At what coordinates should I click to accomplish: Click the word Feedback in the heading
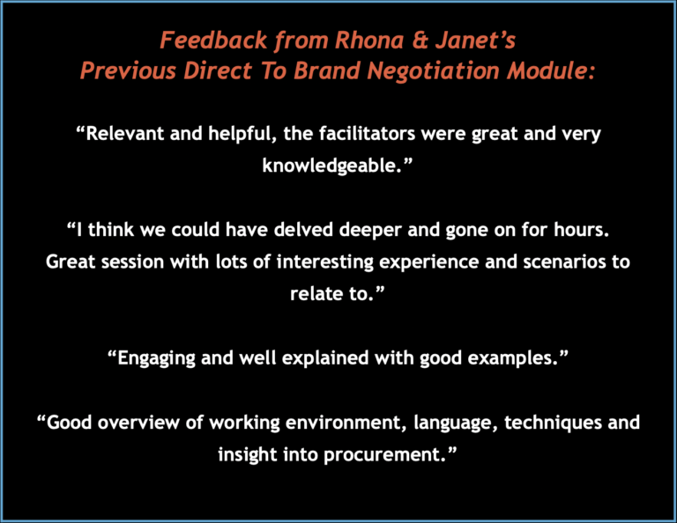(x=213, y=41)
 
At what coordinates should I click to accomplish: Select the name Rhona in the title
(x=369, y=41)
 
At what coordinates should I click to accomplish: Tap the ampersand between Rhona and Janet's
(x=420, y=41)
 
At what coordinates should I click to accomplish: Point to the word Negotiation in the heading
(x=433, y=70)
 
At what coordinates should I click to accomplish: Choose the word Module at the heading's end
(x=550, y=70)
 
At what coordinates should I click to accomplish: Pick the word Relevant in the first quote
(x=121, y=134)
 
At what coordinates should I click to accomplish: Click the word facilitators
(x=367, y=134)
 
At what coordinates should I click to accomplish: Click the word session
(x=132, y=261)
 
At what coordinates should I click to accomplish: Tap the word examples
(x=517, y=358)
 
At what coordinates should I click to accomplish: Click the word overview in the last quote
(x=138, y=423)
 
